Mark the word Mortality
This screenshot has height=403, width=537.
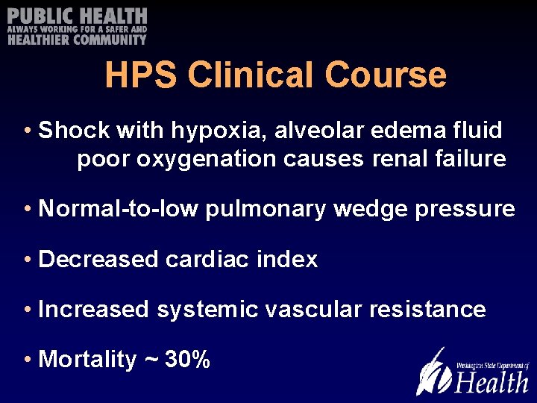pyautogui.click(x=87, y=360)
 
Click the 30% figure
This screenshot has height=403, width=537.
pyautogui.click(x=187, y=360)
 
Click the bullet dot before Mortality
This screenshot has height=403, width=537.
pyautogui.click(x=27, y=360)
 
